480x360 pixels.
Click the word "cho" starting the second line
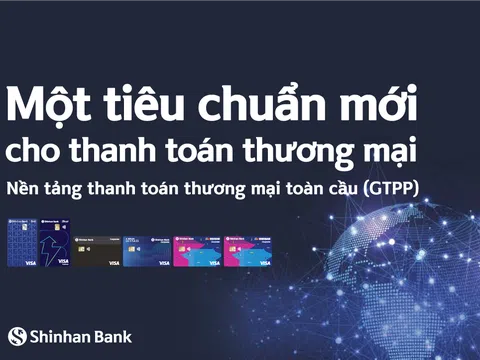tap(30, 153)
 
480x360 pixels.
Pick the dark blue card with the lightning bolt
tap(51, 245)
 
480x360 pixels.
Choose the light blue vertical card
tap(19, 245)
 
